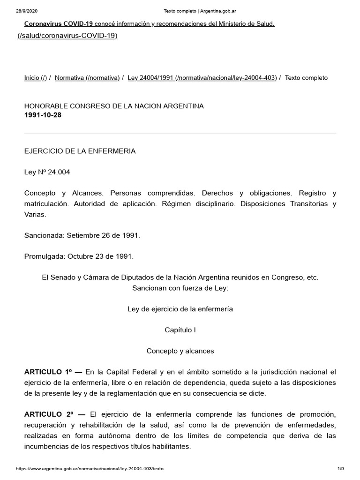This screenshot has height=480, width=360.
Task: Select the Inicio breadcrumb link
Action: coord(36,78)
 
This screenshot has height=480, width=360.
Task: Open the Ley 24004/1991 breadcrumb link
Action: coord(202,78)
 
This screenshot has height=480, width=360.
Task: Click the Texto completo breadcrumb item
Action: coord(306,78)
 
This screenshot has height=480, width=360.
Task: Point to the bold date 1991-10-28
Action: coord(43,115)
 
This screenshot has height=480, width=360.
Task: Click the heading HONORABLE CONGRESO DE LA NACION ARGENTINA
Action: coord(114,106)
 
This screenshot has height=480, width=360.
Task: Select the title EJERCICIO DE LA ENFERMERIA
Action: coord(80,151)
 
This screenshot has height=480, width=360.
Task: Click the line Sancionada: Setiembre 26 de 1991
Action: coord(82,235)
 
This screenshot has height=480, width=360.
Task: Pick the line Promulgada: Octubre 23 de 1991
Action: coord(79,256)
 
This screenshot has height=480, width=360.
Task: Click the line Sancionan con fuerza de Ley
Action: coord(180,288)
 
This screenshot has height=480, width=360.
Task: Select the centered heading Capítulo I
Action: coord(180,330)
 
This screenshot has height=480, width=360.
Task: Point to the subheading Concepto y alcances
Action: coord(180,351)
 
